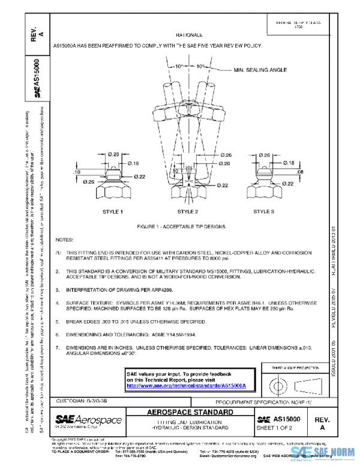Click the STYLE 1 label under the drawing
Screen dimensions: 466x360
click(112, 212)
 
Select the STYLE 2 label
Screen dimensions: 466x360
click(187, 212)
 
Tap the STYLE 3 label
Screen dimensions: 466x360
click(263, 211)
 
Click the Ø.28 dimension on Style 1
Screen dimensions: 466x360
click(113, 155)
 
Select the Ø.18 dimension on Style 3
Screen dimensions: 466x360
click(287, 163)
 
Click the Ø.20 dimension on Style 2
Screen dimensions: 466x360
click(224, 163)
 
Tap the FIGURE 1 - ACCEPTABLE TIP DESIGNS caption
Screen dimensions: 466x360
click(188, 226)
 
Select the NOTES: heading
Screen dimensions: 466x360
click(64, 239)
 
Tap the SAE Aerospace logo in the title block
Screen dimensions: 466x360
click(88, 420)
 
